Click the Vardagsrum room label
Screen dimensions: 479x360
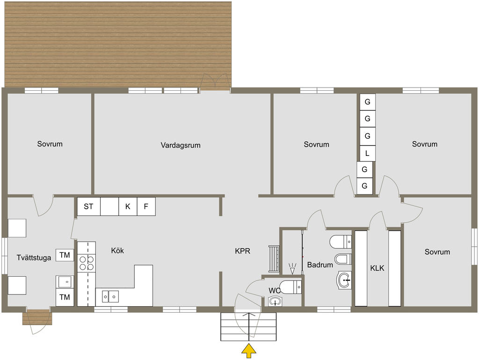(181, 145)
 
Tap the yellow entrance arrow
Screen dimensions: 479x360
(249, 351)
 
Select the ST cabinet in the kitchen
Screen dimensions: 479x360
(88, 206)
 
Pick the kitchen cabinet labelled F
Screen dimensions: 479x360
(146, 206)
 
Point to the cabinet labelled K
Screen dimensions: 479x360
(128, 206)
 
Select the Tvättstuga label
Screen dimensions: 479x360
(34, 258)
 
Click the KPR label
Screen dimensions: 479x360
(243, 251)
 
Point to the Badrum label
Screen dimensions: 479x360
(320, 265)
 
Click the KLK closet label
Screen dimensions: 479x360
(377, 268)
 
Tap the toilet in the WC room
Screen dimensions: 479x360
(290, 287)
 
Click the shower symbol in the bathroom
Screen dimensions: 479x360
(292, 268)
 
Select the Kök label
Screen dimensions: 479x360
(117, 250)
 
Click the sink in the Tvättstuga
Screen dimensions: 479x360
(65, 282)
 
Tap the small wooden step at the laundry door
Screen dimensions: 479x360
(37, 317)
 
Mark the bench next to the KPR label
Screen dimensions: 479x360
(274, 258)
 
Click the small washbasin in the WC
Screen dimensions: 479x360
(275, 302)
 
